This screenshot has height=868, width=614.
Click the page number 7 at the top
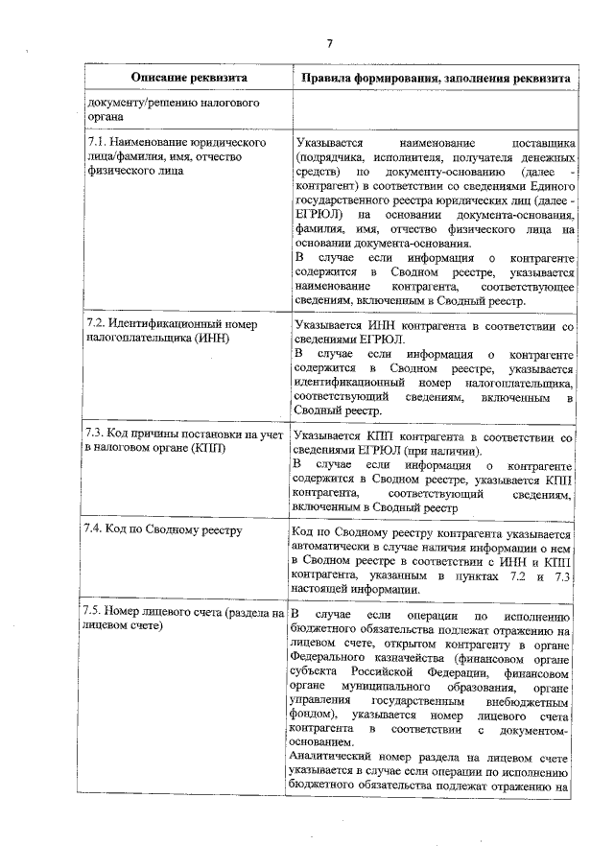[329, 43]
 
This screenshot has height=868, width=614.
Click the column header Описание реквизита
[189, 79]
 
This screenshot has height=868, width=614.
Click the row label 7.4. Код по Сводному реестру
[162, 529]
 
